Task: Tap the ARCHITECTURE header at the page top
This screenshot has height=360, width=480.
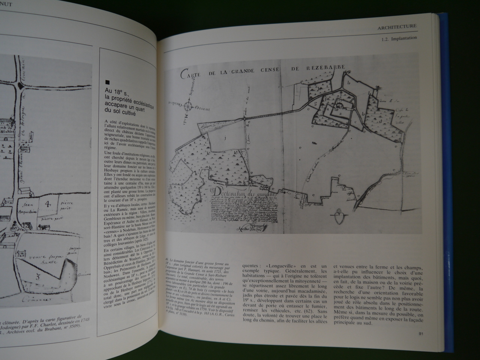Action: point(397,26)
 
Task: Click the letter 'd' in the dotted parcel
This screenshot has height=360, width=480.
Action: point(380,121)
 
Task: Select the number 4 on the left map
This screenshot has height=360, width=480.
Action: point(48,205)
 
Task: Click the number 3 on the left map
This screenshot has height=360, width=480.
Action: point(48,279)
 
